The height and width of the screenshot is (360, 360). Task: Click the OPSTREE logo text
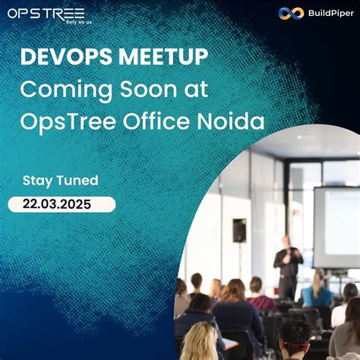[46, 13]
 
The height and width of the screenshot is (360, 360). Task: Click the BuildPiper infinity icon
[286, 13]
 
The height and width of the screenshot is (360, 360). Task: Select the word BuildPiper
[322, 13]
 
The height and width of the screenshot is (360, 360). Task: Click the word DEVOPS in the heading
[64, 58]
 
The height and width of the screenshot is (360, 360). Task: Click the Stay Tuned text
[61, 181]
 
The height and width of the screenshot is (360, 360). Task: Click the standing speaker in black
[287, 266]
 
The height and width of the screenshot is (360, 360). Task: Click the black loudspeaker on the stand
[239, 230]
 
